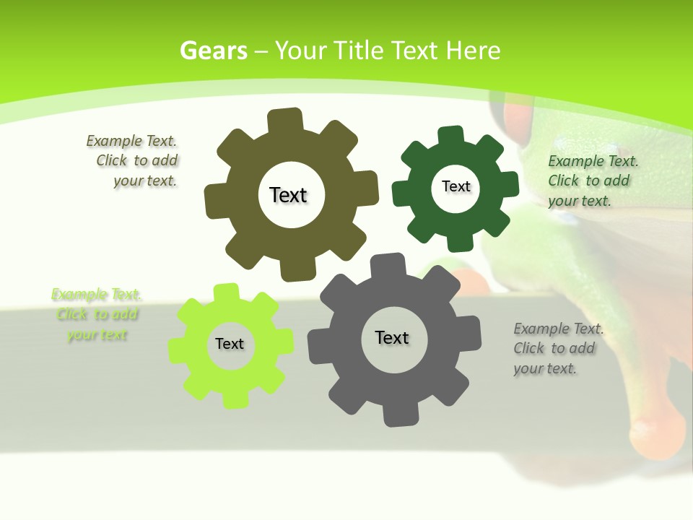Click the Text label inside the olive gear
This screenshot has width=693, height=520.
point(288,195)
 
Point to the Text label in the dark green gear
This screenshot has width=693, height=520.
point(456,186)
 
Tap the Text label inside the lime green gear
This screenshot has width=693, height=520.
point(230,344)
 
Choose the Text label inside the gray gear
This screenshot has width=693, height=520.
point(392,338)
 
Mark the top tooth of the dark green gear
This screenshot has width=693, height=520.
point(451,135)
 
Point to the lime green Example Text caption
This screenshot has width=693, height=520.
point(97,314)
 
